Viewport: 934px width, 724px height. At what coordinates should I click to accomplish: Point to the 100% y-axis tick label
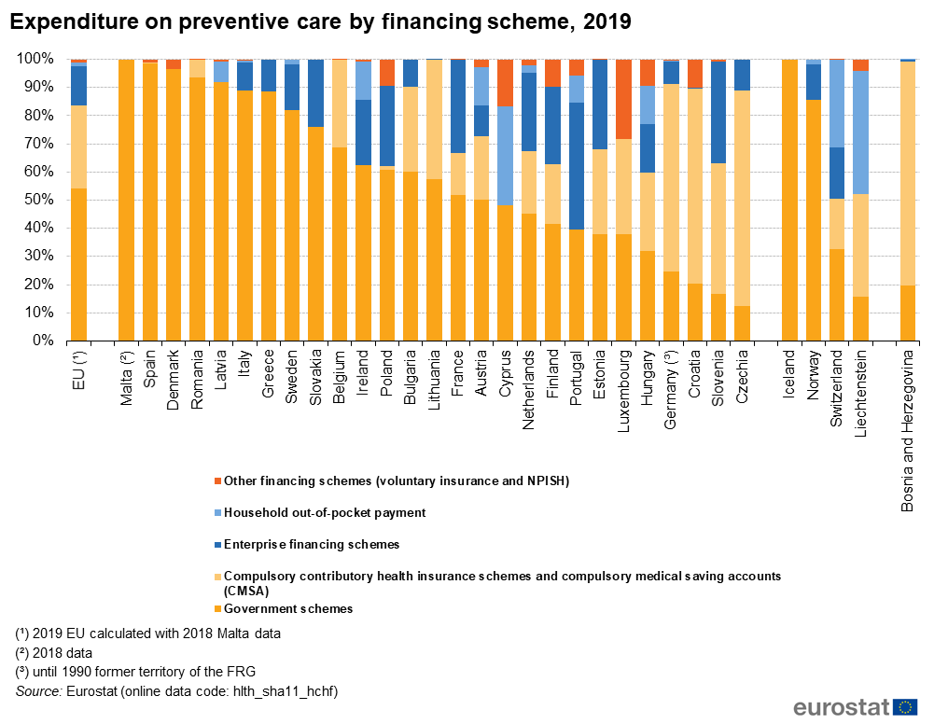(x=35, y=59)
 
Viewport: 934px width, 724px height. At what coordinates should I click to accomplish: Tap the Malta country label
(x=126, y=378)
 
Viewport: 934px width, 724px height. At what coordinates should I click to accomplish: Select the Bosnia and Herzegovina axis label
(x=907, y=431)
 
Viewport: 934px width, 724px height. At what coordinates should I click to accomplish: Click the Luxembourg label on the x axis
(x=623, y=391)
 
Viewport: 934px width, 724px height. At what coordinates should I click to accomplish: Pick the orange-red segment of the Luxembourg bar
(x=623, y=100)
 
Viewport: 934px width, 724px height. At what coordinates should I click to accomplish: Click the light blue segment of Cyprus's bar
(x=505, y=156)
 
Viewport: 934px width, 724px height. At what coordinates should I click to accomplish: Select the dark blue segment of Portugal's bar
(x=577, y=166)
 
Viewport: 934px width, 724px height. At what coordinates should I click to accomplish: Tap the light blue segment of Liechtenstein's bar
(x=860, y=132)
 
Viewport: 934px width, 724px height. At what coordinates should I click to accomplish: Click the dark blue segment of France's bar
(x=458, y=106)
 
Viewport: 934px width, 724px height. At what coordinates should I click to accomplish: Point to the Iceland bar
(x=789, y=200)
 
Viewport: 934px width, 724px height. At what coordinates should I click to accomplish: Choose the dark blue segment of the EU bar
(x=78, y=86)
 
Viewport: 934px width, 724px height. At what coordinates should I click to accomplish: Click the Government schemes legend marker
(x=218, y=609)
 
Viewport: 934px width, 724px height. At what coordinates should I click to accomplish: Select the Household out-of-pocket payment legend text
(x=325, y=512)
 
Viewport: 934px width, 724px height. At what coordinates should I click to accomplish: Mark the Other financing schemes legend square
(x=218, y=480)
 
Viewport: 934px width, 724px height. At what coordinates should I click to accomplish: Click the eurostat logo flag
(x=905, y=706)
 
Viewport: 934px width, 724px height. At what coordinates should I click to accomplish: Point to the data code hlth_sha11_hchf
(x=286, y=691)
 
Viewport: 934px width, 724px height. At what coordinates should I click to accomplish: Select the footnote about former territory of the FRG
(x=135, y=672)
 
